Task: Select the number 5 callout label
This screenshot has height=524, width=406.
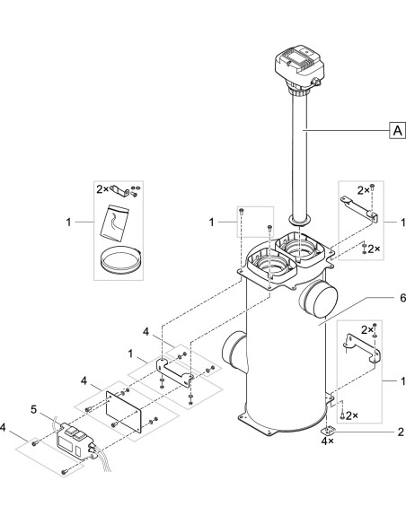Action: click(33, 411)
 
